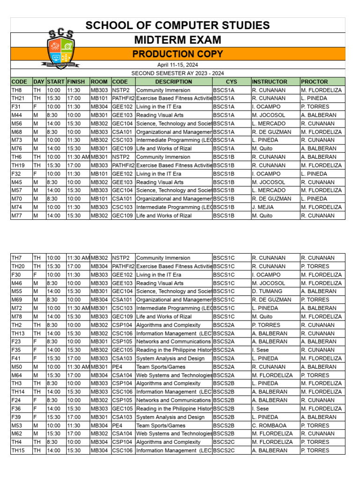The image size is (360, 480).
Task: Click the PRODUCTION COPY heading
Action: coord(177,54)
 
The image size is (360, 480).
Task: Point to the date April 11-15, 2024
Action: coord(177,65)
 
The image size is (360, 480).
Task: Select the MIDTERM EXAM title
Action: coord(177,40)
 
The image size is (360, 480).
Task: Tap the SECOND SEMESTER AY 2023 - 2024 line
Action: coord(177,73)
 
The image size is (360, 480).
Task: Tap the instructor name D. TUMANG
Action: coord(265,291)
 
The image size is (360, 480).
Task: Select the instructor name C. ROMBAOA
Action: coord(267,426)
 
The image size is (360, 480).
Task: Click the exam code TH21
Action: coord(18,98)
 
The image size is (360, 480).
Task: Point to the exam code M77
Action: coord(16,216)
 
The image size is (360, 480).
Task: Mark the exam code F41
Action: coord(16,359)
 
